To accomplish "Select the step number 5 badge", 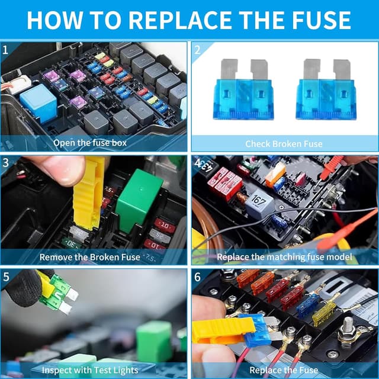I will (7, 277).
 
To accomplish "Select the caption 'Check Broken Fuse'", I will (284, 143).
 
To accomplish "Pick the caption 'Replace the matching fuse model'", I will (284, 257).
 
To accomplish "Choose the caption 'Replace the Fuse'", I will (284, 371).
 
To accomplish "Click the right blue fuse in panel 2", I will (325, 90).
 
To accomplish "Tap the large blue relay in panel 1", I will (38, 103).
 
